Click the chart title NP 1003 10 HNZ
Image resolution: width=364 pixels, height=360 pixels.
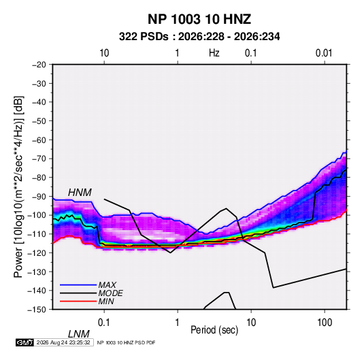(199, 19)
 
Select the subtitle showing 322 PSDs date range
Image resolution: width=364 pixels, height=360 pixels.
(199, 37)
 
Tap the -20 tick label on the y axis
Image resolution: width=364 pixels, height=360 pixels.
(39, 65)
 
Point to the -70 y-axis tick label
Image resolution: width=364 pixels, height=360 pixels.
(39, 159)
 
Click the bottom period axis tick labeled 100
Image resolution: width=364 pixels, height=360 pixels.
(325, 323)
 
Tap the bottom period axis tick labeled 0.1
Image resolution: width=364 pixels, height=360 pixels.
(104, 323)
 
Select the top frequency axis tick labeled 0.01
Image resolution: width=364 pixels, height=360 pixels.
(324, 53)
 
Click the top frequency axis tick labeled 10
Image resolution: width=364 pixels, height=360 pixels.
(104, 53)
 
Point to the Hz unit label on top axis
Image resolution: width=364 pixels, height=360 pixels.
(214, 53)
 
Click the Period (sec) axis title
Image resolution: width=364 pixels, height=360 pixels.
(214, 330)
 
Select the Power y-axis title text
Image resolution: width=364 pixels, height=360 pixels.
(18, 187)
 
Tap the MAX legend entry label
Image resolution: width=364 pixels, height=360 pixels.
(107, 285)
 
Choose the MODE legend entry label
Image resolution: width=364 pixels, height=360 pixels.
(110, 293)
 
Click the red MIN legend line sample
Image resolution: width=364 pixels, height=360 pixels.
(78, 301)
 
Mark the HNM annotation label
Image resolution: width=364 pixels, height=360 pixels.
(80, 193)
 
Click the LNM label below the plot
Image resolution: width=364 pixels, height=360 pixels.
(79, 334)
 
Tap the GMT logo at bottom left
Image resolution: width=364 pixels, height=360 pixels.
(25, 342)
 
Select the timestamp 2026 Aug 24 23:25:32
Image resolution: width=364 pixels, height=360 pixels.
(63, 342)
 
